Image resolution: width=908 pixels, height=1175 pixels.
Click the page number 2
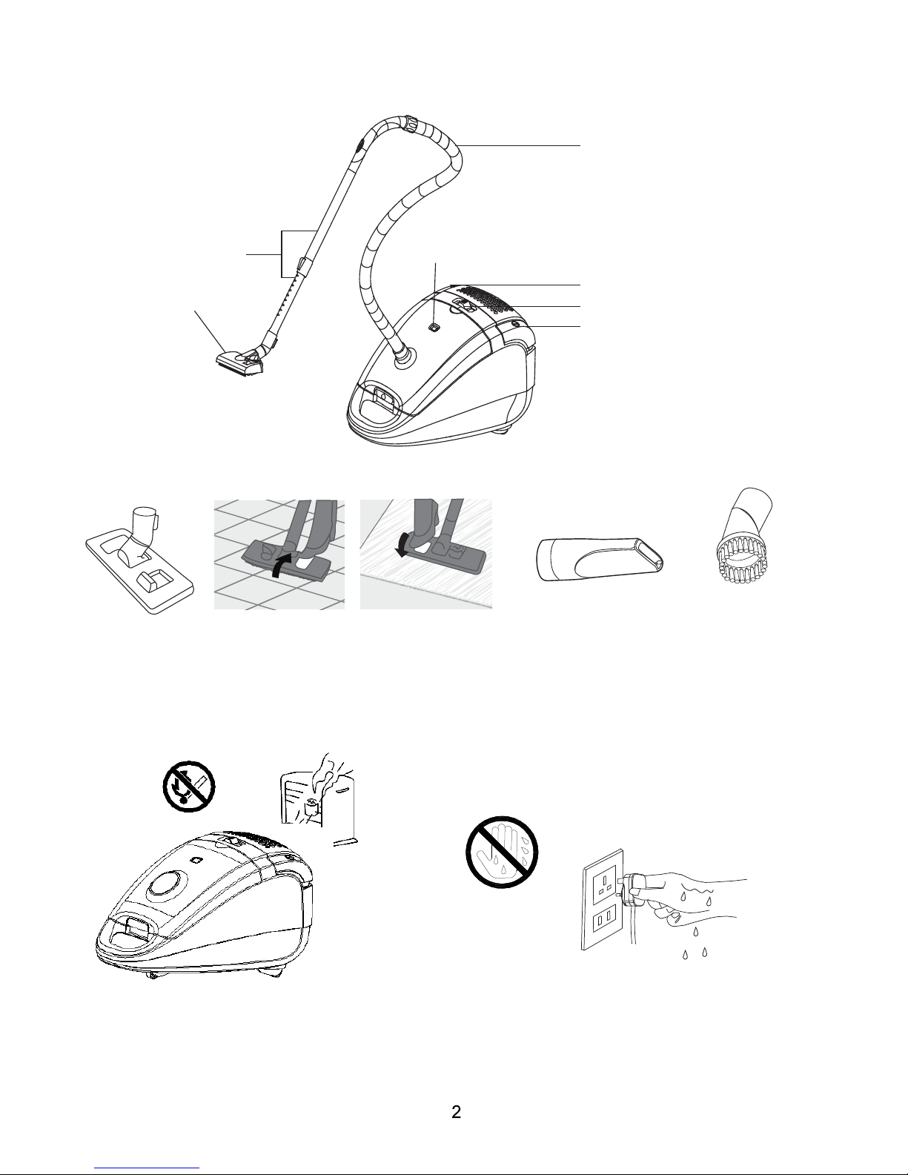click(456, 1112)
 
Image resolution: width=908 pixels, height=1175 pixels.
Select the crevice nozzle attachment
click(600, 559)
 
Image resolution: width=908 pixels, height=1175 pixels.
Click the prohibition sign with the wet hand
click(502, 852)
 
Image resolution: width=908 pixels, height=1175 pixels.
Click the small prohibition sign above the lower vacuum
click(189, 786)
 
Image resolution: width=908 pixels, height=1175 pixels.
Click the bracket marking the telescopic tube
click(282, 254)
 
